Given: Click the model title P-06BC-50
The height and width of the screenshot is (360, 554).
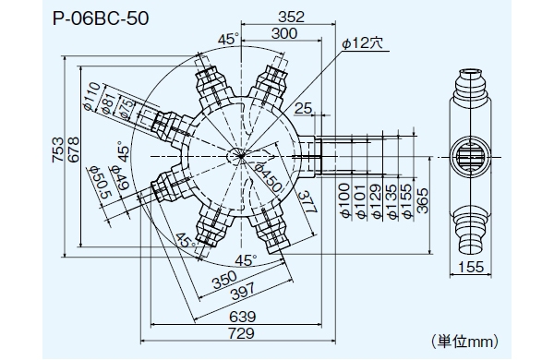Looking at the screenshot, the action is [101, 18].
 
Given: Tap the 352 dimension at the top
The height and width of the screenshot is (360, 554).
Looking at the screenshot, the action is [291, 17].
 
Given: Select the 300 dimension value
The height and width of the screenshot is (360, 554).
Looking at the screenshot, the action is [284, 33].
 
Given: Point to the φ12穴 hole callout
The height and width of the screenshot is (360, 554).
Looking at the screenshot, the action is [363, 43].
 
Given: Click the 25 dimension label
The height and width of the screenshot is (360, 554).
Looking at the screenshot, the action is [303, 108].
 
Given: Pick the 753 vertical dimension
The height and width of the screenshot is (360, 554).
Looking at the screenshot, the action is [58, 150].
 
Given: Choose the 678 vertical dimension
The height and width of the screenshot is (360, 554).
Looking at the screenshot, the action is [74, 150].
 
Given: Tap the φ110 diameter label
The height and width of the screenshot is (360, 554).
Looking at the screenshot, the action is [93, 96].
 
